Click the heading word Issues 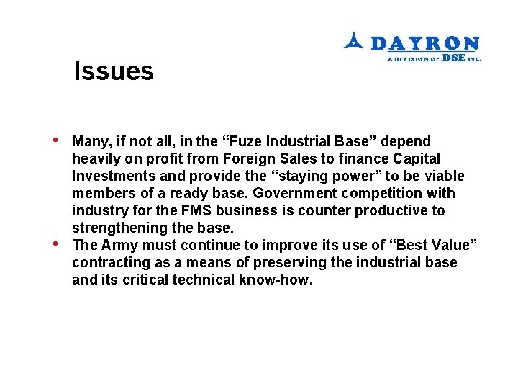pyautogui.click(x=114, y=71)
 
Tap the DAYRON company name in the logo pyautogui.click(x=425, y=43)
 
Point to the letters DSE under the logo pyautogui.click(x=453, y=58)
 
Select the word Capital pyautogui.click(x=412, y=158)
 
